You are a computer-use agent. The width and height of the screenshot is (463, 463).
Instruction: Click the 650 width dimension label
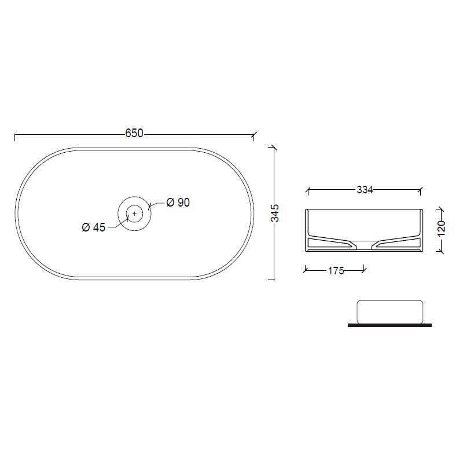[134, 134]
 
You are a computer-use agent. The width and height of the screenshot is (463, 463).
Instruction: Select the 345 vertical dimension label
[275, 213]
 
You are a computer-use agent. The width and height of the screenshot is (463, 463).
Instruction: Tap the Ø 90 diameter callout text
[178, 203]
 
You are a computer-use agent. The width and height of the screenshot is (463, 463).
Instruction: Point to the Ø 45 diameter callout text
[93, 227]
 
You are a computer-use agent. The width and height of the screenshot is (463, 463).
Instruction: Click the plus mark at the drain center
[135, 214]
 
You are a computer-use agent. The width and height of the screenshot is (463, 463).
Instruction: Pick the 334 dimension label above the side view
[365, 190]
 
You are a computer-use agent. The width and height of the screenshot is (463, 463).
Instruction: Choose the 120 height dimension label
[442, 228]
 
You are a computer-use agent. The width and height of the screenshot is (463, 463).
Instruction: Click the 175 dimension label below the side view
[336, 271]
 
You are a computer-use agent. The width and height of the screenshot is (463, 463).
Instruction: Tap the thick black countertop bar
[389, 325]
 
